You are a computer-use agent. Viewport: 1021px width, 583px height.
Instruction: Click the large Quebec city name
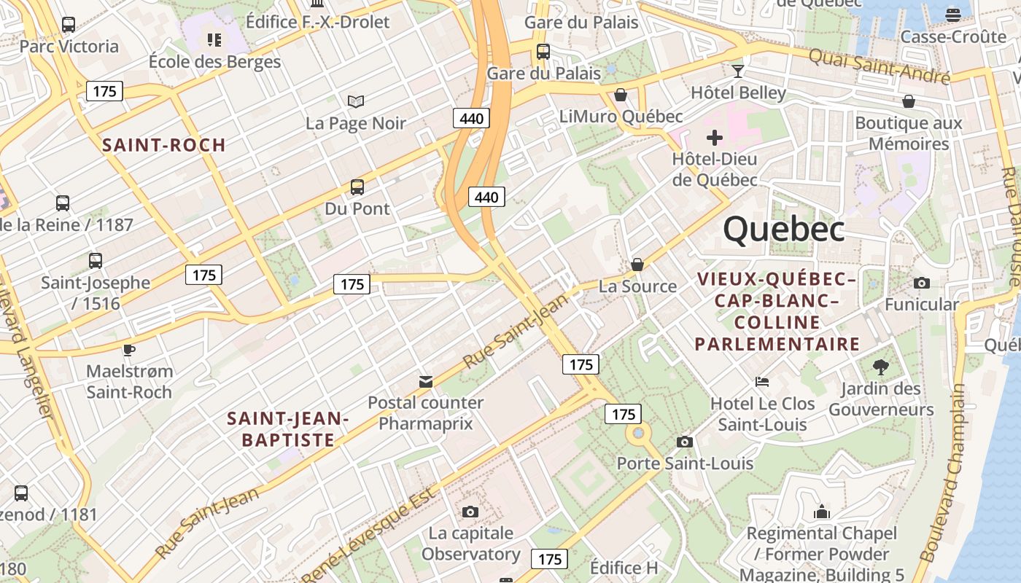784,229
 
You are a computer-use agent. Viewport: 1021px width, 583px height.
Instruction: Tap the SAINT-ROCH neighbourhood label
164,144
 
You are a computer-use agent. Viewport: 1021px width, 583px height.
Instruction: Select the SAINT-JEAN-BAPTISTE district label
288,429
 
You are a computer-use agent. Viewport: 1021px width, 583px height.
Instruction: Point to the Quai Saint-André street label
879,66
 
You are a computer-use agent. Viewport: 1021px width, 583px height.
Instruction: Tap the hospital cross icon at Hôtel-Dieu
715,137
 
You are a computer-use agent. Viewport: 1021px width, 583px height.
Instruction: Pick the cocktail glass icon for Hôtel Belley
738,71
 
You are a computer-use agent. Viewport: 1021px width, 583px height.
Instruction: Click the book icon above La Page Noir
356,101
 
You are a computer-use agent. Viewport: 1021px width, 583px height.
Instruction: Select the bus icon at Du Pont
357,187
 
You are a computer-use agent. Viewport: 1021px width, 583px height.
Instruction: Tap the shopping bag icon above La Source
637,264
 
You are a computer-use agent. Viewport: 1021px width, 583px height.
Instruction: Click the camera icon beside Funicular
922,283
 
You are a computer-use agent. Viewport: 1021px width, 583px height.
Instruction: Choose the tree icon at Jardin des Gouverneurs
881,367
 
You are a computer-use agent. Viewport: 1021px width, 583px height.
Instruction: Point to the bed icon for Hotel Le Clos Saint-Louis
761,382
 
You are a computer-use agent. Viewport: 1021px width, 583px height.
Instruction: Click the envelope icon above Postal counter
426,381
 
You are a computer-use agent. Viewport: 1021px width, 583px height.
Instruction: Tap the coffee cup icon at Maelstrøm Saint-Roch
129,350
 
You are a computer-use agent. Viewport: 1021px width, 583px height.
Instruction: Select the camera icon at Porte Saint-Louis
684,442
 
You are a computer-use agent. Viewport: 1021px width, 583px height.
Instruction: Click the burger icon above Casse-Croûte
952,15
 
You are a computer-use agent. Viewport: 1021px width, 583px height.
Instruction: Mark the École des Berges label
214,61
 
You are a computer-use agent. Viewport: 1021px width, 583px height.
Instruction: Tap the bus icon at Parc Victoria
69,25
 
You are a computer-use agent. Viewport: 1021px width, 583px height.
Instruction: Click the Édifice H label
624,568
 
